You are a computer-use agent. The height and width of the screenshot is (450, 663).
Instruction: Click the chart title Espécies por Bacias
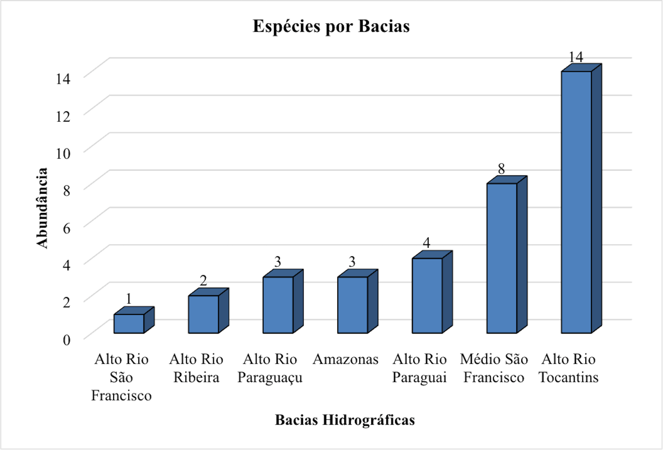click(331, 26)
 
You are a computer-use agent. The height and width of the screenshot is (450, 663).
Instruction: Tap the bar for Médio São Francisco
click(502, 258)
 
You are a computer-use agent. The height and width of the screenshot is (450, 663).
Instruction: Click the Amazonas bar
click(353, 305)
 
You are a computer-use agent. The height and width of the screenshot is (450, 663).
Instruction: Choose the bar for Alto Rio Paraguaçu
click(278, 305)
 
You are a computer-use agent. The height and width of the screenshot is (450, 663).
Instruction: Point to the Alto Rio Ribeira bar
click(203, 314)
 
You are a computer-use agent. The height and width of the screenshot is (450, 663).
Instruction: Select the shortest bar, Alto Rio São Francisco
click(129, 324)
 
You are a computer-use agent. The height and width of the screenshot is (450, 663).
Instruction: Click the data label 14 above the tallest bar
click(576, 57)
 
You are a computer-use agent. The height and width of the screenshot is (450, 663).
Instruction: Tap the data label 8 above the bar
click(501, 169)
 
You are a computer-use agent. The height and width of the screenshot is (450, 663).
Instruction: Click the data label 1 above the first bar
click(129, 299)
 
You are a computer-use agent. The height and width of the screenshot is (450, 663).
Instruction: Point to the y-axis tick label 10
click(63, 154)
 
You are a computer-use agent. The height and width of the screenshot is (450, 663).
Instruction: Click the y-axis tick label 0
click(66, 340)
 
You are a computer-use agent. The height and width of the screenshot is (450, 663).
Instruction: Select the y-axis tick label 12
click(63, 116)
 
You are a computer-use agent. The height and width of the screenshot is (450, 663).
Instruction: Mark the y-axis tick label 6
click(66, 228)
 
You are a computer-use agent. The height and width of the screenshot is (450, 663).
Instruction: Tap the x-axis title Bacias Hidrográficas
click(345, 420)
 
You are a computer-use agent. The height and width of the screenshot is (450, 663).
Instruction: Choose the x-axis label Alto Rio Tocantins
click(568, 368)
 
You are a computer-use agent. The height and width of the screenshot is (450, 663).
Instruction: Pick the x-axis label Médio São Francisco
click(494, 368)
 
